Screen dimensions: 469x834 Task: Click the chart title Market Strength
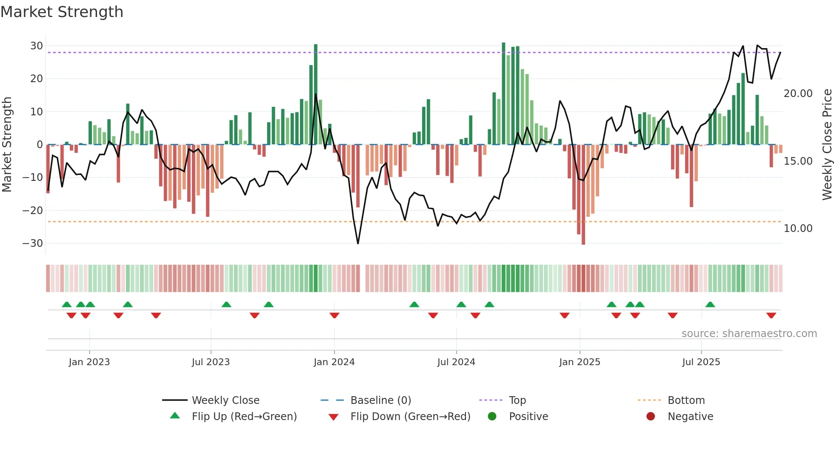(62, 12)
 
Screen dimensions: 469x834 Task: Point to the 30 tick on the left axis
(37, 46)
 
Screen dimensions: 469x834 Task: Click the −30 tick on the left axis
(33, 243)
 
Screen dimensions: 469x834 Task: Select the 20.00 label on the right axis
(798, 94)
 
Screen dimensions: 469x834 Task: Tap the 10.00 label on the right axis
(798, 229)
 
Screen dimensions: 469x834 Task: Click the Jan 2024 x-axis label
(334, 362)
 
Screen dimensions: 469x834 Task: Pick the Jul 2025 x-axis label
(701, 362)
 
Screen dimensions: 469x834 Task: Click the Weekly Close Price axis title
(827, 145)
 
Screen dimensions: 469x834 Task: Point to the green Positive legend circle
(492, 416)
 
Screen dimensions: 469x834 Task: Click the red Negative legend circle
(651, 416)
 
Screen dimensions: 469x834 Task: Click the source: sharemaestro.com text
(749, 334)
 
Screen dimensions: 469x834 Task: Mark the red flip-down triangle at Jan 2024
(334, 315)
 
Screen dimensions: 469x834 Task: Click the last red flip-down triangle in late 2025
(771, 315)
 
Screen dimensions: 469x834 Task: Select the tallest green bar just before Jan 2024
(316, 94)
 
